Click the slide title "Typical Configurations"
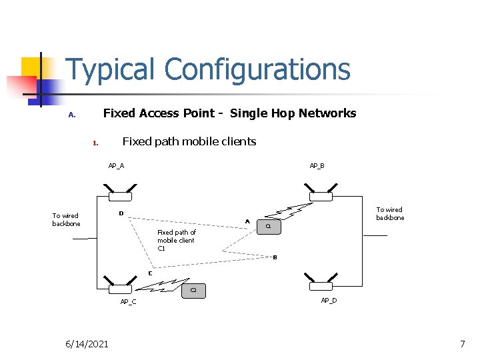208,69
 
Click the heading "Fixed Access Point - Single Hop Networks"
229,113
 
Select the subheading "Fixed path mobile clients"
189,141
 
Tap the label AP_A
116,166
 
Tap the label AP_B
317,166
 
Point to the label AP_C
128,302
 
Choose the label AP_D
329,301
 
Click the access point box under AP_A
121,196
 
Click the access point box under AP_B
321,196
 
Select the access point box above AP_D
321,286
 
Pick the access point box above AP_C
121,289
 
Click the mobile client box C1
268,227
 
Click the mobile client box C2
193,290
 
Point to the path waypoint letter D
121,213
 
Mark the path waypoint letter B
275,257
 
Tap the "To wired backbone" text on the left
66,219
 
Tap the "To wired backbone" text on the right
390,213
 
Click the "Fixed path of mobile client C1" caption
176,240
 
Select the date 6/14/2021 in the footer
87,344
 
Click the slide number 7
462,344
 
